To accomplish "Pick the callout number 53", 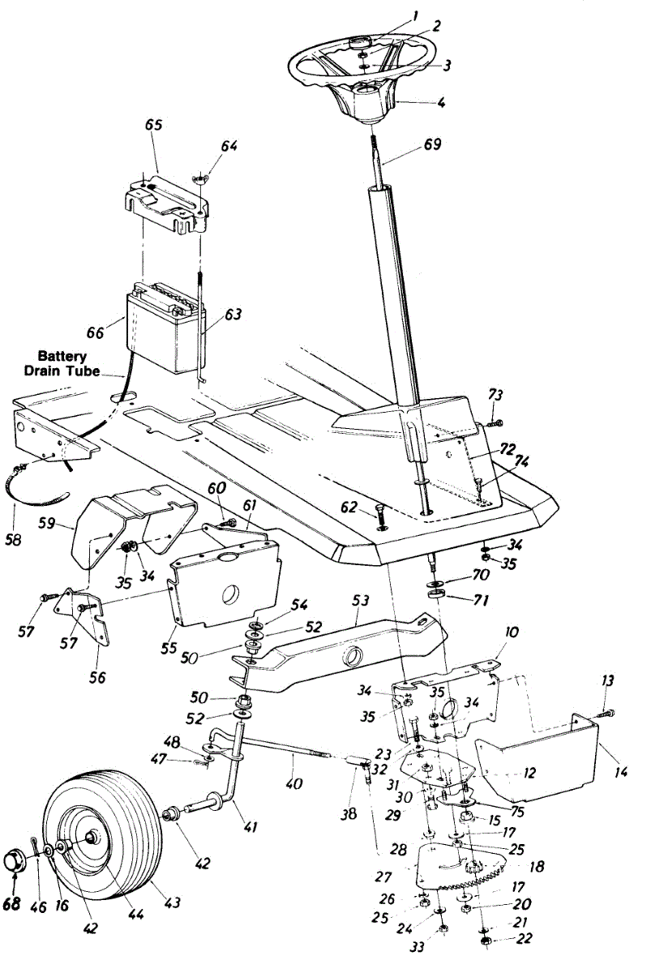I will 360,601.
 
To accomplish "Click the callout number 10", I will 512,632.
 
